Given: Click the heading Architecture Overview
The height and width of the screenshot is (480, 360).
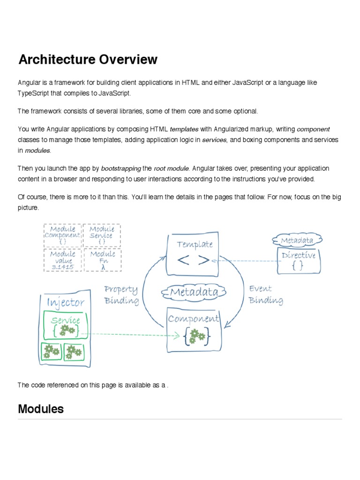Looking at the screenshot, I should (88, 60).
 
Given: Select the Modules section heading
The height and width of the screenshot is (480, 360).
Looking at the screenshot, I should (41, 409).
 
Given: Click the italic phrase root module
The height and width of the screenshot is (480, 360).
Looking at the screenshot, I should (172, 168).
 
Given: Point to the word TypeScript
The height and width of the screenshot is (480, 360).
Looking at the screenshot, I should (33, 93).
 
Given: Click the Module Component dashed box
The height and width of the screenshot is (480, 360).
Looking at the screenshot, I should (62, 235).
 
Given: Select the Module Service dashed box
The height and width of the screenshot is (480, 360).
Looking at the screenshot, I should (102, 235).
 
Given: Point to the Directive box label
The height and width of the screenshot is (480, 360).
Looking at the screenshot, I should (299, 256).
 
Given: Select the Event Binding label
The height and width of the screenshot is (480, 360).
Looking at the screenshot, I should (265, 295).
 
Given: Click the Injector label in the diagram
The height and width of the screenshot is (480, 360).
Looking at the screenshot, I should (65, 302).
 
